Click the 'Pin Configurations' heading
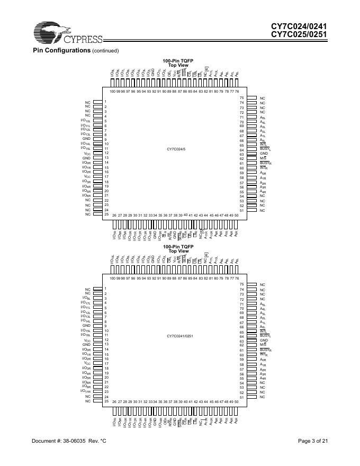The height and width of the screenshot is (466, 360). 61,50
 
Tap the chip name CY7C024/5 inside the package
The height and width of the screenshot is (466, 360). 176,150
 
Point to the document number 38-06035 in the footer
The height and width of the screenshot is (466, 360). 76,441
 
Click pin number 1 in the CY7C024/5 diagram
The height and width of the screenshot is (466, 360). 105,102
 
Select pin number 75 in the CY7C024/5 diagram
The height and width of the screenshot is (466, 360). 241,98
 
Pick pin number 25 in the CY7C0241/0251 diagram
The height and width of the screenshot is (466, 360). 106,401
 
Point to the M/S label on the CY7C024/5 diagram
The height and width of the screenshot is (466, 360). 263,158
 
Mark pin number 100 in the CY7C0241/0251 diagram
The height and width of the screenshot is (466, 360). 113,278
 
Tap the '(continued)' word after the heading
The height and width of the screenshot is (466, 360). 105,51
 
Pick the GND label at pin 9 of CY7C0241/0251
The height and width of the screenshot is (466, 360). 86,326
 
